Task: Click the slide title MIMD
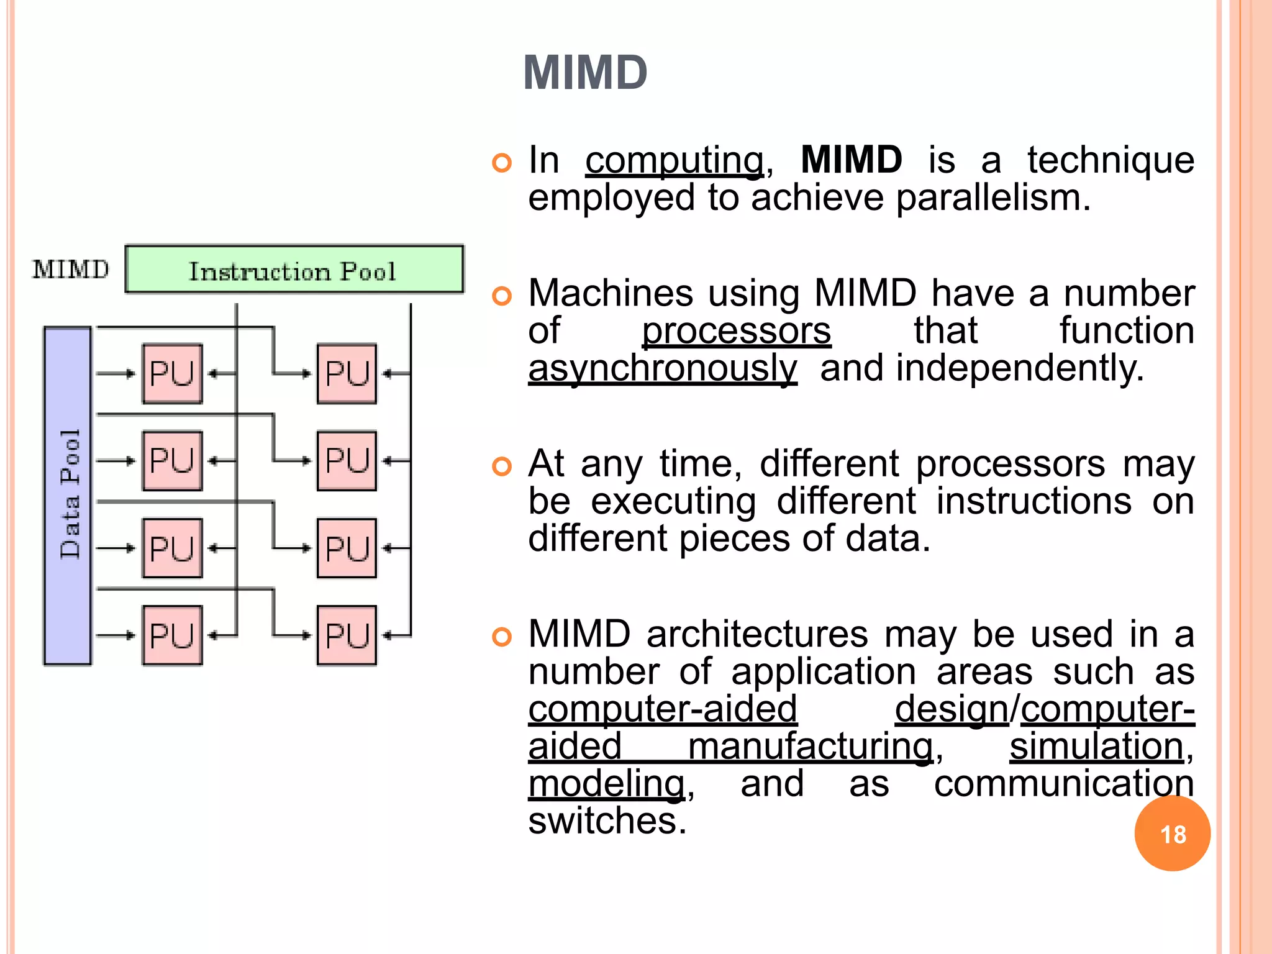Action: (585, 73)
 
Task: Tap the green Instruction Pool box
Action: (294, 270)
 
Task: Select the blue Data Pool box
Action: (68, 496)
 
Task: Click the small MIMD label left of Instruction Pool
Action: (71, 270)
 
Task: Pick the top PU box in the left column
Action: (172, 373)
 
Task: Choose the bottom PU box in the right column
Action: (347, 635)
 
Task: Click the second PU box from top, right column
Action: (347, 461)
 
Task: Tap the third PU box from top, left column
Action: (172, 548)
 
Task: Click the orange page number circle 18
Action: (1172, 834)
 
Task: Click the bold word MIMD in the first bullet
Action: (851, 160)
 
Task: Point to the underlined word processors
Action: (736, 331)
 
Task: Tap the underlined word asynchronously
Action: (662, 368)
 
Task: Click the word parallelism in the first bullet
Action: (993, 198)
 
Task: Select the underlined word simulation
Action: (1096, 747)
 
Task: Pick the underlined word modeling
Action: (606, 784)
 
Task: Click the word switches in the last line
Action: (607, 821)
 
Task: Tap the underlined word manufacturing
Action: (811, 747)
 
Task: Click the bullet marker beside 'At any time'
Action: (501, 466)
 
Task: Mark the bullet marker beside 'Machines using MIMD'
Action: (501, 296)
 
